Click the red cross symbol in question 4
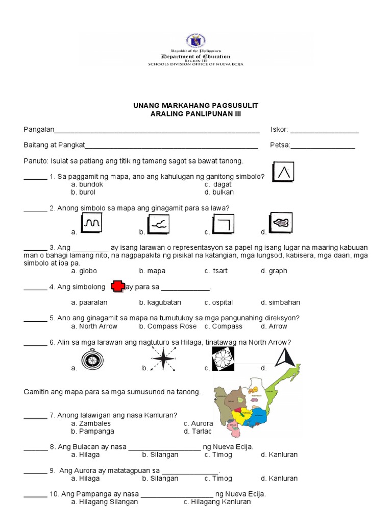pyautogui.click(x=118, y=287)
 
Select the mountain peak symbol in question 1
pyautogui.click(x=284, y=172)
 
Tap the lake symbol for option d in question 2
pyautogui.click(x=280, y=223)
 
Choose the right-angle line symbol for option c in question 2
pyautogui.click(x=223, y=223)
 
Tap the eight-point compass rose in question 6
pyautogui.click(x=162, y=359)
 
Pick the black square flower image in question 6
pyautogui.click(x=223, y=358)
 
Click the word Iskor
pyautogui.click(x=279, y=130)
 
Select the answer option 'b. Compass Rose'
pyautogui.click(x=161, y=326)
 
